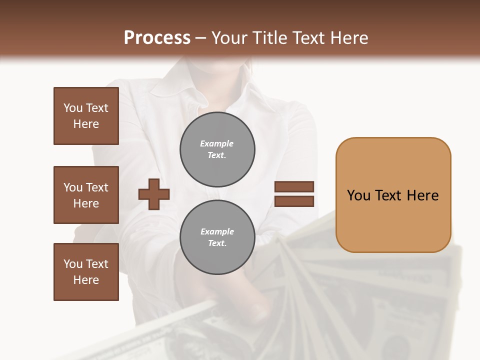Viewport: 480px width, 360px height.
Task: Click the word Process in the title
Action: point(157,38)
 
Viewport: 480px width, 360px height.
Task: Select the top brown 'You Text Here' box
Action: point(86,116)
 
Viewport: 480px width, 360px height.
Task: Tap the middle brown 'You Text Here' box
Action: point(86,195)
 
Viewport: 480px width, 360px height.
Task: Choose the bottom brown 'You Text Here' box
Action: point(86,272)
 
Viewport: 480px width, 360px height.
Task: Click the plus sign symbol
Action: point(154,194)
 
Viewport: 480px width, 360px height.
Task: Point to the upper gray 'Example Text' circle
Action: point(217,149)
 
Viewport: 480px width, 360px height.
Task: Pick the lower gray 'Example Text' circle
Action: point(217,237)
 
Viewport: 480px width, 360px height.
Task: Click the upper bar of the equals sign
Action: point(294,187)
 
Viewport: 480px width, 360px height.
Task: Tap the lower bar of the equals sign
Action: point(294,201)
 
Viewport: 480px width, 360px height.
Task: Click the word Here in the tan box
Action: point(422,195)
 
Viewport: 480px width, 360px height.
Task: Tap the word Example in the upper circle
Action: point(217,143)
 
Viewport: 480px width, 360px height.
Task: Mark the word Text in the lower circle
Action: point(217,243)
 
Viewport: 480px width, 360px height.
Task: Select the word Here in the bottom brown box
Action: point(86,280)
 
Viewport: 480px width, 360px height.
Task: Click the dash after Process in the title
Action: point(200,38)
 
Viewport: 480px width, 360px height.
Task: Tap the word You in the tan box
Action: point(358,195)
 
